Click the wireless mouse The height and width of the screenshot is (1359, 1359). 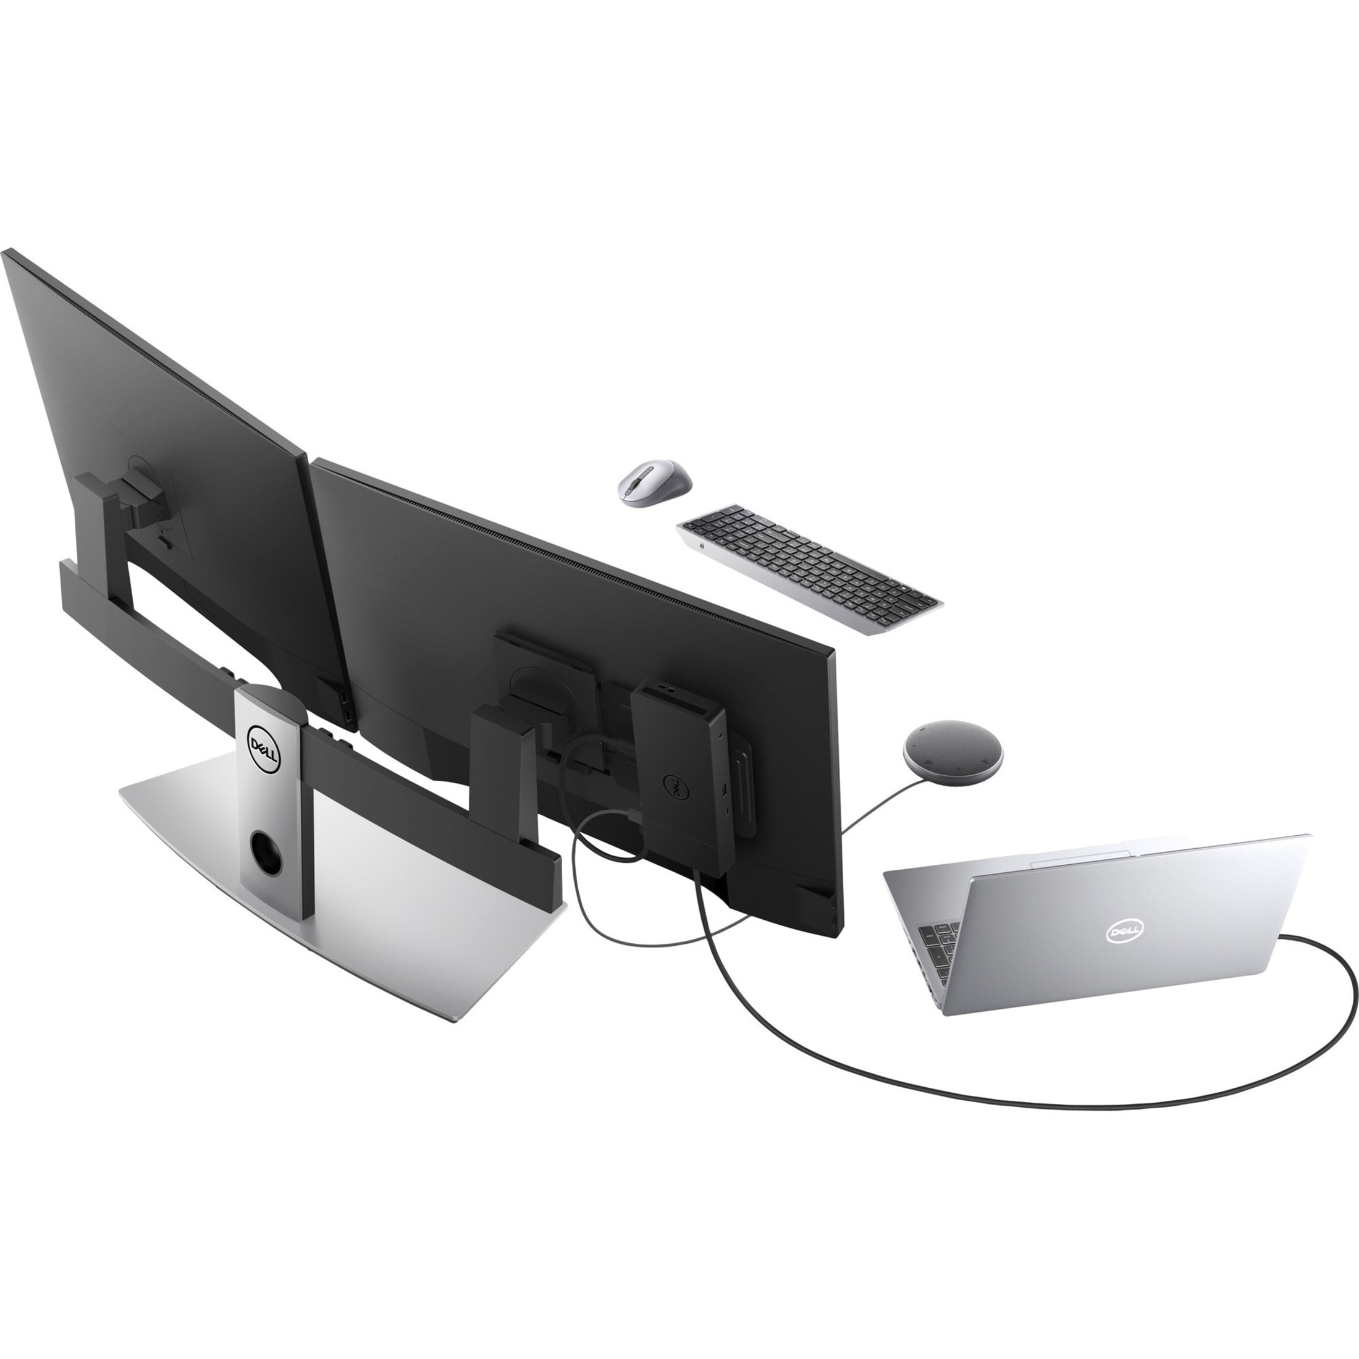coord(654,482)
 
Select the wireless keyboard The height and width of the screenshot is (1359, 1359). coord(809,569)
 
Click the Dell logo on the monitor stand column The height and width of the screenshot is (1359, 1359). coord(264,750)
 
